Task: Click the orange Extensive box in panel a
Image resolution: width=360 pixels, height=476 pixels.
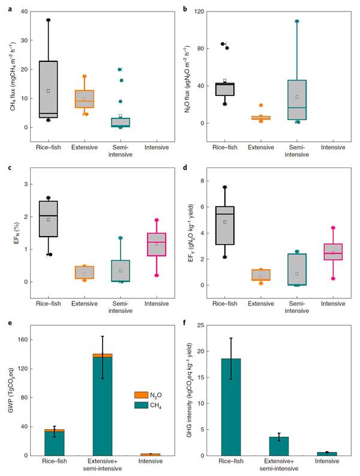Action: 85,99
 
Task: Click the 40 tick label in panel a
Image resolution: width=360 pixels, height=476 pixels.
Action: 25,12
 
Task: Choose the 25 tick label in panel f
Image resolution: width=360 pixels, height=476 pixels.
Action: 210,325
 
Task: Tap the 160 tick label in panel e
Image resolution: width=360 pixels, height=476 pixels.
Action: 23,340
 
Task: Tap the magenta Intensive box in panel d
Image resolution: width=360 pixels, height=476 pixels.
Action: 333,252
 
